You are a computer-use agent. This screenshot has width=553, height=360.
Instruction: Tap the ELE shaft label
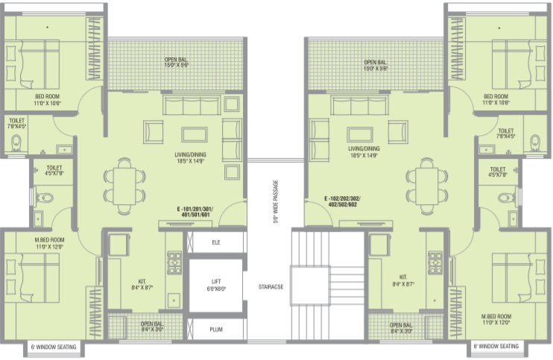pos(215,241)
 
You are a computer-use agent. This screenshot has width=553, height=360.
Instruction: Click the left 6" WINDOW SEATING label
pos(55,347)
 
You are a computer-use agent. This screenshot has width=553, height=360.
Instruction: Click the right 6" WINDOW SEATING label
pos(496,347)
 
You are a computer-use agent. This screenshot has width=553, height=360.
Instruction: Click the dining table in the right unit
pos(427,181)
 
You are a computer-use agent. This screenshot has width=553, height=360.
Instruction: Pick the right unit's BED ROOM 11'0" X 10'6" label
pos(496,100)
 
